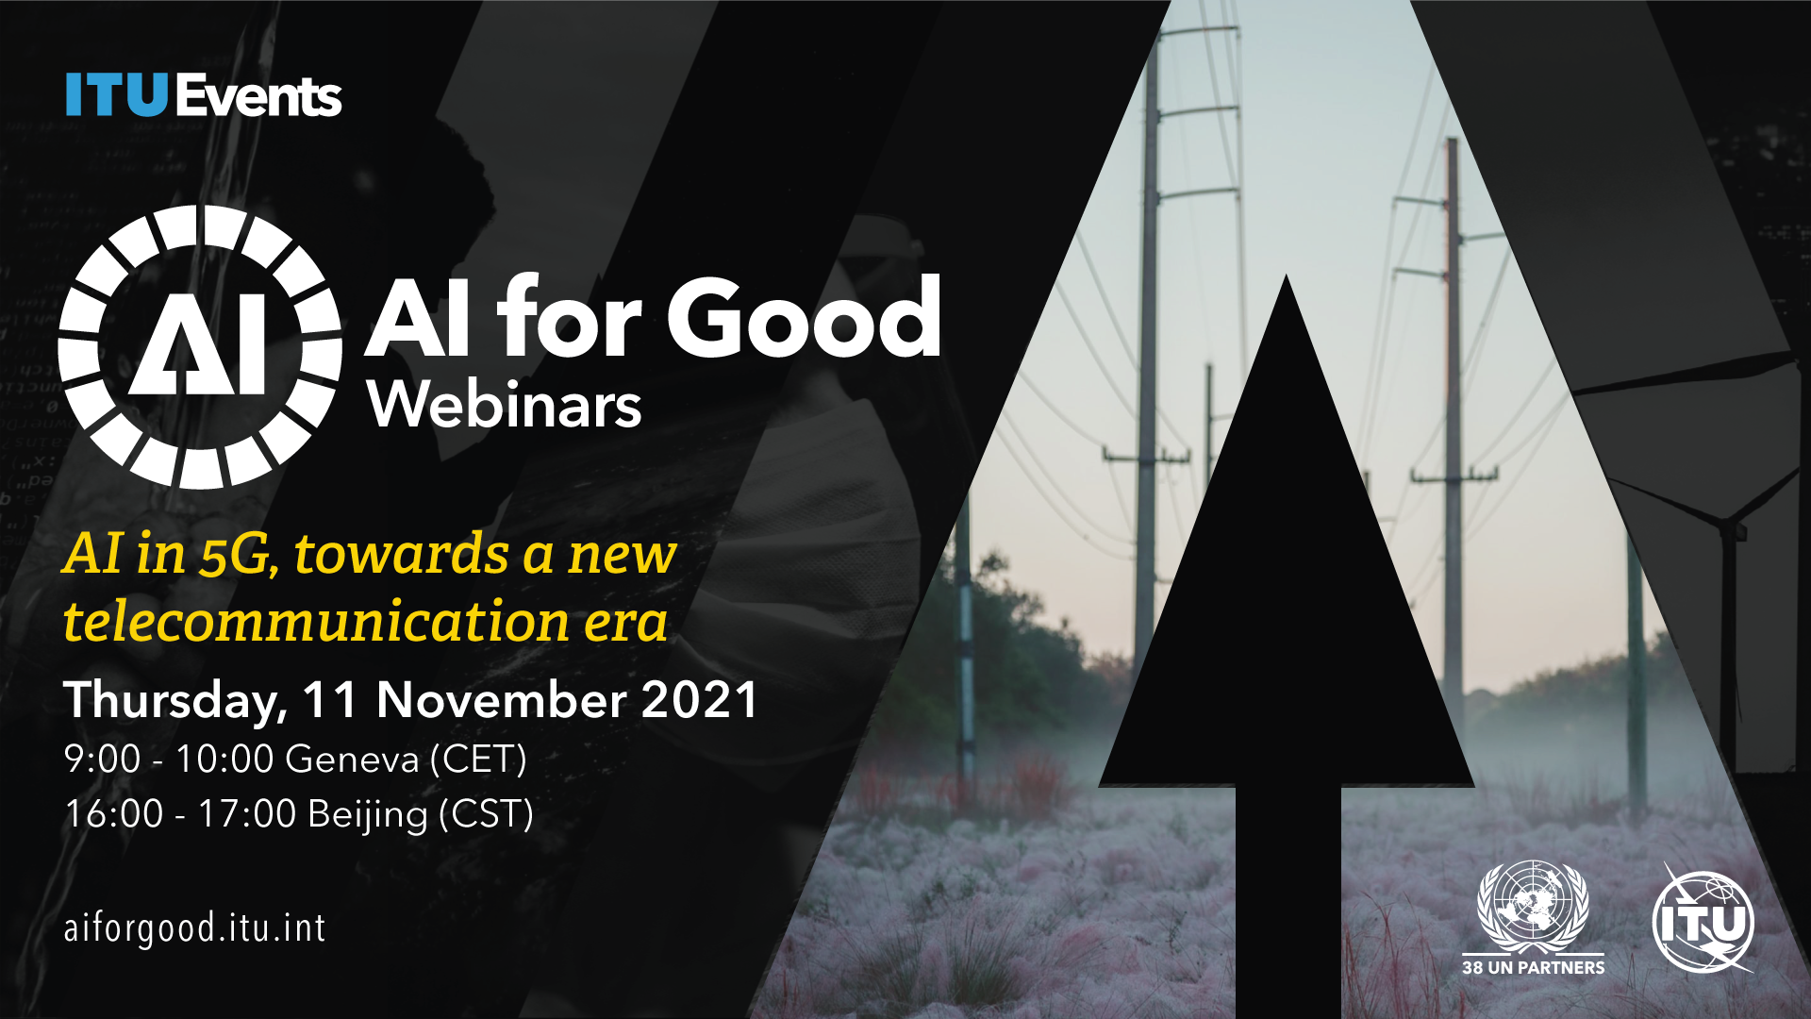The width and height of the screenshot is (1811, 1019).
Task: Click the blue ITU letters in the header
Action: (116, 95)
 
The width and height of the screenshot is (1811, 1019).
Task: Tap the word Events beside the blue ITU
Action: (258, 95)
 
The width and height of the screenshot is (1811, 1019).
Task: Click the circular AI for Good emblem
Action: (200, 347)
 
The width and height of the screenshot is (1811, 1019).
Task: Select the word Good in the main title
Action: (804, 317)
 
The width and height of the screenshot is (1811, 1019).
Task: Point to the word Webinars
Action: (505, 405)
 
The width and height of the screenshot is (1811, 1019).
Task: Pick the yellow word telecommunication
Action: (316, 623)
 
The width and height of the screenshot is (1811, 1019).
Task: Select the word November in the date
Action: (501, 700)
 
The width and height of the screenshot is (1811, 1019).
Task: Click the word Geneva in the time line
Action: (352, 760)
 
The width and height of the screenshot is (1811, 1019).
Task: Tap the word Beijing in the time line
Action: (368, 814)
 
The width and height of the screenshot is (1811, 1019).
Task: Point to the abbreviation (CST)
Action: (487, 814)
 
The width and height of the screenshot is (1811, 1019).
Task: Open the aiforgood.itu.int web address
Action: (194, 928)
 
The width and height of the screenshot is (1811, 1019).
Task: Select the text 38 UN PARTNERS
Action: (1533, 968)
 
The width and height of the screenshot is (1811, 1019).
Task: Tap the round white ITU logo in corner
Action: (1703, 921)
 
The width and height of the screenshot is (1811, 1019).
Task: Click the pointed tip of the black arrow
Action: (1287, 276)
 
